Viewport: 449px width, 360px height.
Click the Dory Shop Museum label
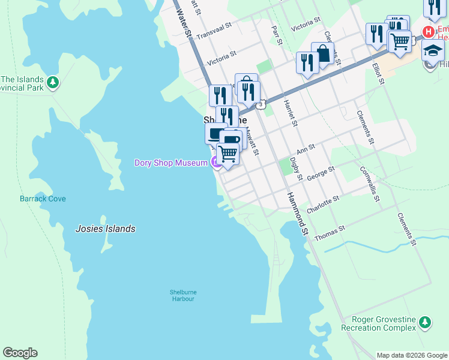click(x=170, y=163)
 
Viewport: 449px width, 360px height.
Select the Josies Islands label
click(x=105, y=229)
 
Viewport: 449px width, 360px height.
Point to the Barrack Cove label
click(x=43, y=199)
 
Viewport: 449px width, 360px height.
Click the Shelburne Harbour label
click(x=182, y=295)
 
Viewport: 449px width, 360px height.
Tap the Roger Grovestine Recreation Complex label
click(x=378, y=324)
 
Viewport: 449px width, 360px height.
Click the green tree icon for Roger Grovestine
click(x=425, y=323)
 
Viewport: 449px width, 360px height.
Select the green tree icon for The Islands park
click(x=53, y=82)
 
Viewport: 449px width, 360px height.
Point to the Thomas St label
click(x=330, y=233)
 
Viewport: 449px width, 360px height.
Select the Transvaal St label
click(x=214, y=31)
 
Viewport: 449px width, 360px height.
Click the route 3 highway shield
click(x=261, y=105)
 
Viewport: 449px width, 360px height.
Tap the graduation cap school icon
click(x=432, y=51)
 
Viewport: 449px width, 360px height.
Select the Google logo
click(x=20, y=353)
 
